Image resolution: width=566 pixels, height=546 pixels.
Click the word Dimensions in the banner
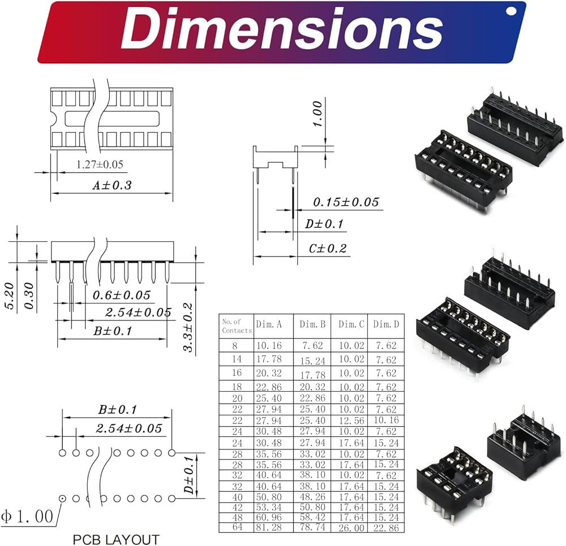tap(282, 29)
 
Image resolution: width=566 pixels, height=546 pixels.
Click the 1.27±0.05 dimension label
tap(100, 164)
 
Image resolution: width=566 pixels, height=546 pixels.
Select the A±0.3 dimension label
tap(112, 185)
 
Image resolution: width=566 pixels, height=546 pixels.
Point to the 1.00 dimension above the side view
tap(317, 114)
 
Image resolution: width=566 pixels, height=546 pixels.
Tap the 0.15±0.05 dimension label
tap(346, 202)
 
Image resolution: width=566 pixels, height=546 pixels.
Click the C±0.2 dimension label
tap(327, 248)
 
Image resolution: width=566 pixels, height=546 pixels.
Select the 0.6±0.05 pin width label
tap(121, 295)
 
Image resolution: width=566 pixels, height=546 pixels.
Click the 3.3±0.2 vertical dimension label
tap(188, 328)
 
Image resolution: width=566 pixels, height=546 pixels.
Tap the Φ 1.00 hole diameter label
tap(27, 517)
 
